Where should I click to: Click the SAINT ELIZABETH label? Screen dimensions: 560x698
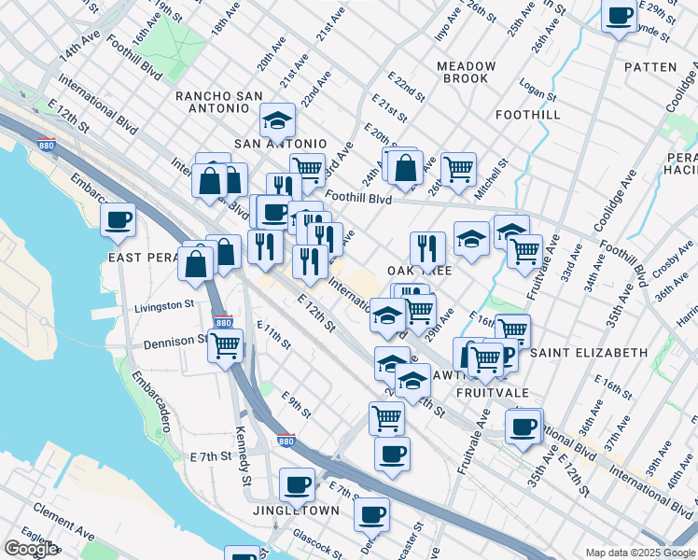(x=588, y=353)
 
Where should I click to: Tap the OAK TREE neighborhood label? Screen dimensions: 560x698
(x=419, y=270)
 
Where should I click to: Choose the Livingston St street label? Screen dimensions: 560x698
(x=164, y=305)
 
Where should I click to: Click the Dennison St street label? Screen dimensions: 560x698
(x=175, y=343)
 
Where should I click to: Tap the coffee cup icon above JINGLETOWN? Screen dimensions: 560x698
(x=298, y=484)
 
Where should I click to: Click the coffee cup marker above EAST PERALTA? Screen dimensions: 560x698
(x=119, y=220)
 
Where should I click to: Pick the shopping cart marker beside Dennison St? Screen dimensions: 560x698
(x=225, y=344)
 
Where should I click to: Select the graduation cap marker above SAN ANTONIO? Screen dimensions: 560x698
(x=276, y=121)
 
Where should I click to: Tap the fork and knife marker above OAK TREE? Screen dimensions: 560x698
(x=427, y=248)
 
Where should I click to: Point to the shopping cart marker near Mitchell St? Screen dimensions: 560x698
(x=458, y=169)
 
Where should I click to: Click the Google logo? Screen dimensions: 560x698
(x=31, y=549)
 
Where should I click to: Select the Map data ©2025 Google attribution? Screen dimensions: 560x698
(x=640, y=553)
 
